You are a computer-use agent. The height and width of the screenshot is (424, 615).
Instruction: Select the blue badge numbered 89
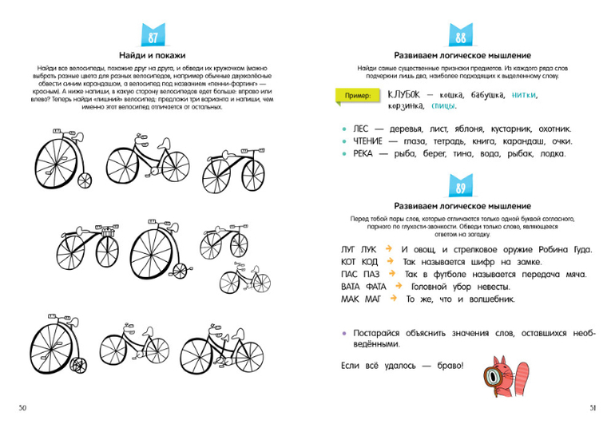tap(461, 188)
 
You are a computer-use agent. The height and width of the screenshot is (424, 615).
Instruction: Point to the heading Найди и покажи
tap(153, 56)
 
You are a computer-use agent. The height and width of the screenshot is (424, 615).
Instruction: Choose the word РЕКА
tap(363, 153)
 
